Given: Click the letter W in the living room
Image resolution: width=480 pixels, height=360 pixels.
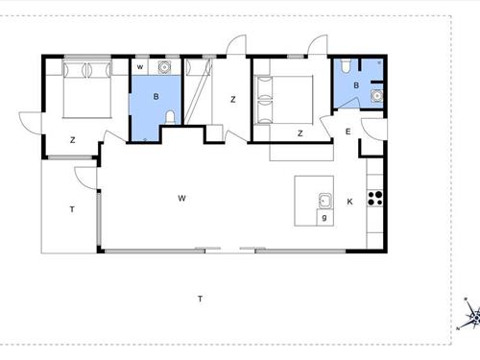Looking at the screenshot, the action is click(x=181, y=199).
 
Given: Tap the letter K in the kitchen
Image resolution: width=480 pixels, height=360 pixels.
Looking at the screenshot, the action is click(x=349, y=202).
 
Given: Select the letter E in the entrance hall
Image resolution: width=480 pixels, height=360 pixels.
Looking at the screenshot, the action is click(x=348, y=132).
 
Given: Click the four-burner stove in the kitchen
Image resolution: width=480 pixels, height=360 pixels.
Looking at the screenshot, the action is click(x=374, y=198).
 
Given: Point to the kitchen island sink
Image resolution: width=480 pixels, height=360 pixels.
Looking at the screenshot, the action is click(x=325, y=201).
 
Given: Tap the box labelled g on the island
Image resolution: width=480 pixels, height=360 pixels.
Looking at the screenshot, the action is click(x=324, y=218).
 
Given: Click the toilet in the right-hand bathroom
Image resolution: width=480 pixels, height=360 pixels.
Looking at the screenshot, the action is click(x=346, y=65).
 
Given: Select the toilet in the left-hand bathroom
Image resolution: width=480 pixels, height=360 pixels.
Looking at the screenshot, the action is click(x=170, y=117).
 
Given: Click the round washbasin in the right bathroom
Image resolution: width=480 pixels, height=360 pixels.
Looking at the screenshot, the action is click(x=377, y=96).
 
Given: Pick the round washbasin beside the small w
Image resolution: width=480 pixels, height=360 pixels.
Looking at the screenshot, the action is click(x=164, y=67).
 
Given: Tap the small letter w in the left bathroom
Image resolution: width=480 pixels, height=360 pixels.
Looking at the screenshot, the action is click(x=140, y=67).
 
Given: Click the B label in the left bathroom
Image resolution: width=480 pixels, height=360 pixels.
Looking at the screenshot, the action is click(x=156, y=96).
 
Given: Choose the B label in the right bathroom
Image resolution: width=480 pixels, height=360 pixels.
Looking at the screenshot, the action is click(x=356, y=85).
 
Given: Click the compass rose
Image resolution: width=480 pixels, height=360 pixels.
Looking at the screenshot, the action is click(x=471, y=315).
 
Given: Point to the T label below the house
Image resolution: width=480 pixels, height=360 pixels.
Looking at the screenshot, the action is click(x=200, y=299).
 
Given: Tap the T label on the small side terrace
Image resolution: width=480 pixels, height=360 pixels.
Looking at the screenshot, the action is click(x=72, y=209).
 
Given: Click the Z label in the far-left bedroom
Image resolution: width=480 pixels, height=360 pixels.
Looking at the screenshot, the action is click(x=73, y=140).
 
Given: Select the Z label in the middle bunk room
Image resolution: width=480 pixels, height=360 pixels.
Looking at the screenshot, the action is click(x=233, y=100).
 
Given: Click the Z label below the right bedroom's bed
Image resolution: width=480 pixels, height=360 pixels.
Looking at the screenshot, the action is click(x=300, y=133).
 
